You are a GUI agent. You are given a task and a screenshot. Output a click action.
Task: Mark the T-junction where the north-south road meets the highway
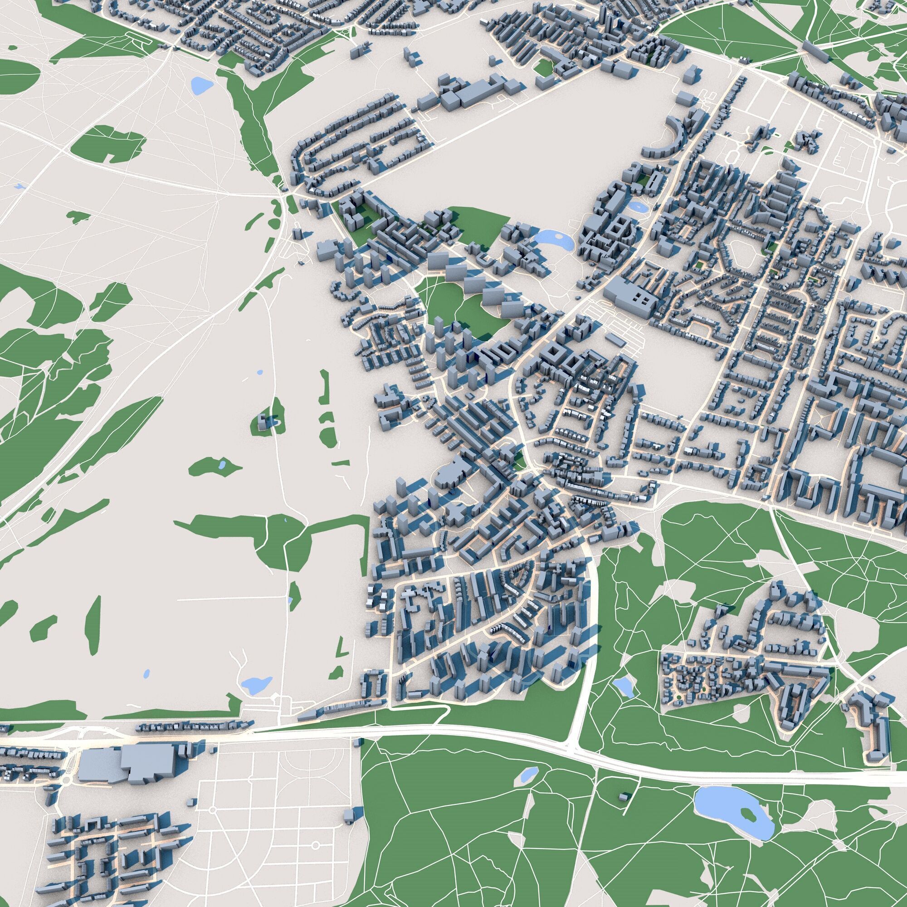(x=574, y=745)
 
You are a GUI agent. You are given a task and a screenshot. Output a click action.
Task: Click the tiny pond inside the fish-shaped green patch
(x=222, y=465)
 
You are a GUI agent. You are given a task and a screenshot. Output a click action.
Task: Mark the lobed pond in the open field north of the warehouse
(x=255, y=684)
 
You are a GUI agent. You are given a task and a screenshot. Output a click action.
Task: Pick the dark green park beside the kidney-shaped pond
(x=483, y=225)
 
